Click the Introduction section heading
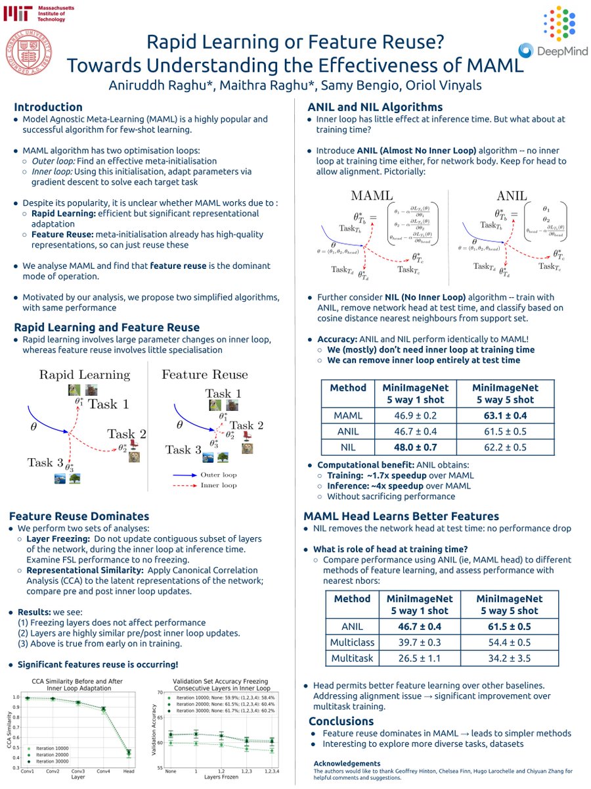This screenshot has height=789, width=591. click(48, 107)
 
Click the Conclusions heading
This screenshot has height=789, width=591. click(341, 721)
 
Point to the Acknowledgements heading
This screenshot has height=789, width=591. click(347, 763)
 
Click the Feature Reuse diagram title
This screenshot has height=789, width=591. click(204, 374)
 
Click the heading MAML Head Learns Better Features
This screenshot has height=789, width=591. click(401, 516)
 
